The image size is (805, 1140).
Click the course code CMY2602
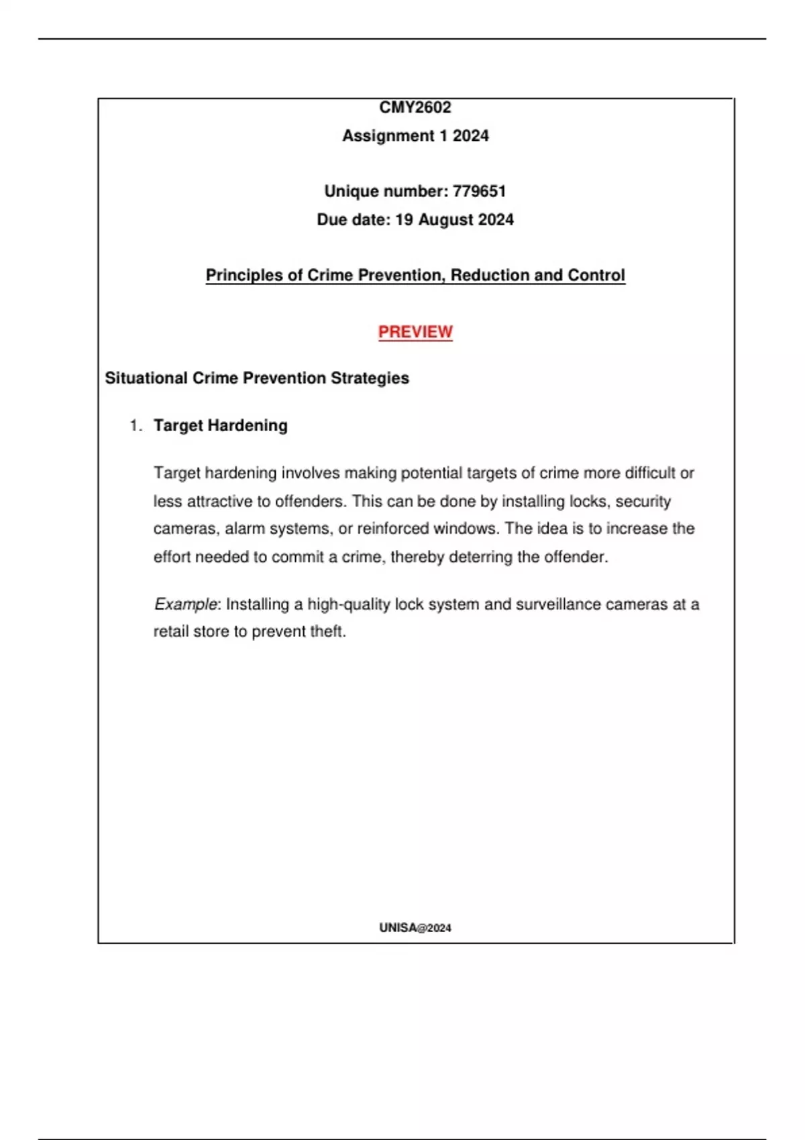[415, 107]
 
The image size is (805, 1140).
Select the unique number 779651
[479, 191]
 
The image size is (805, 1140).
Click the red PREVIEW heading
[415, 332]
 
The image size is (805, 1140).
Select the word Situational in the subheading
[146, 378]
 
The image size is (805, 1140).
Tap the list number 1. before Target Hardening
[136, 426]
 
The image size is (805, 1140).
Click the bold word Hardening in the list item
[248, 426]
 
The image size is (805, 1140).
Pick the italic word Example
[186, 604]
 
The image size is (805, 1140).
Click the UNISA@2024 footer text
[415, 928]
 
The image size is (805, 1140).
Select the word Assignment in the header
[388, 136]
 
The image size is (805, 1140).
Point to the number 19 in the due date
[404, 220]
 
